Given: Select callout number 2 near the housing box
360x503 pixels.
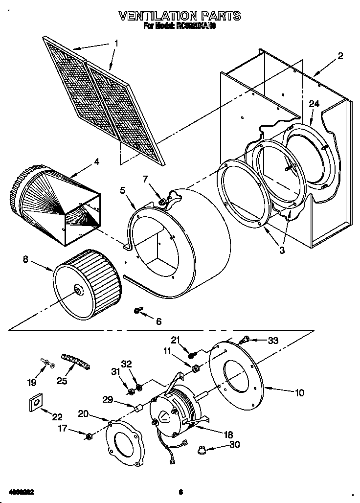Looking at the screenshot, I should (340, 56).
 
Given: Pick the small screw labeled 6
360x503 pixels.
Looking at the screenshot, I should (138, 311).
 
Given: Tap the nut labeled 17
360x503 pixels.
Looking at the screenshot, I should (89, 436).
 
